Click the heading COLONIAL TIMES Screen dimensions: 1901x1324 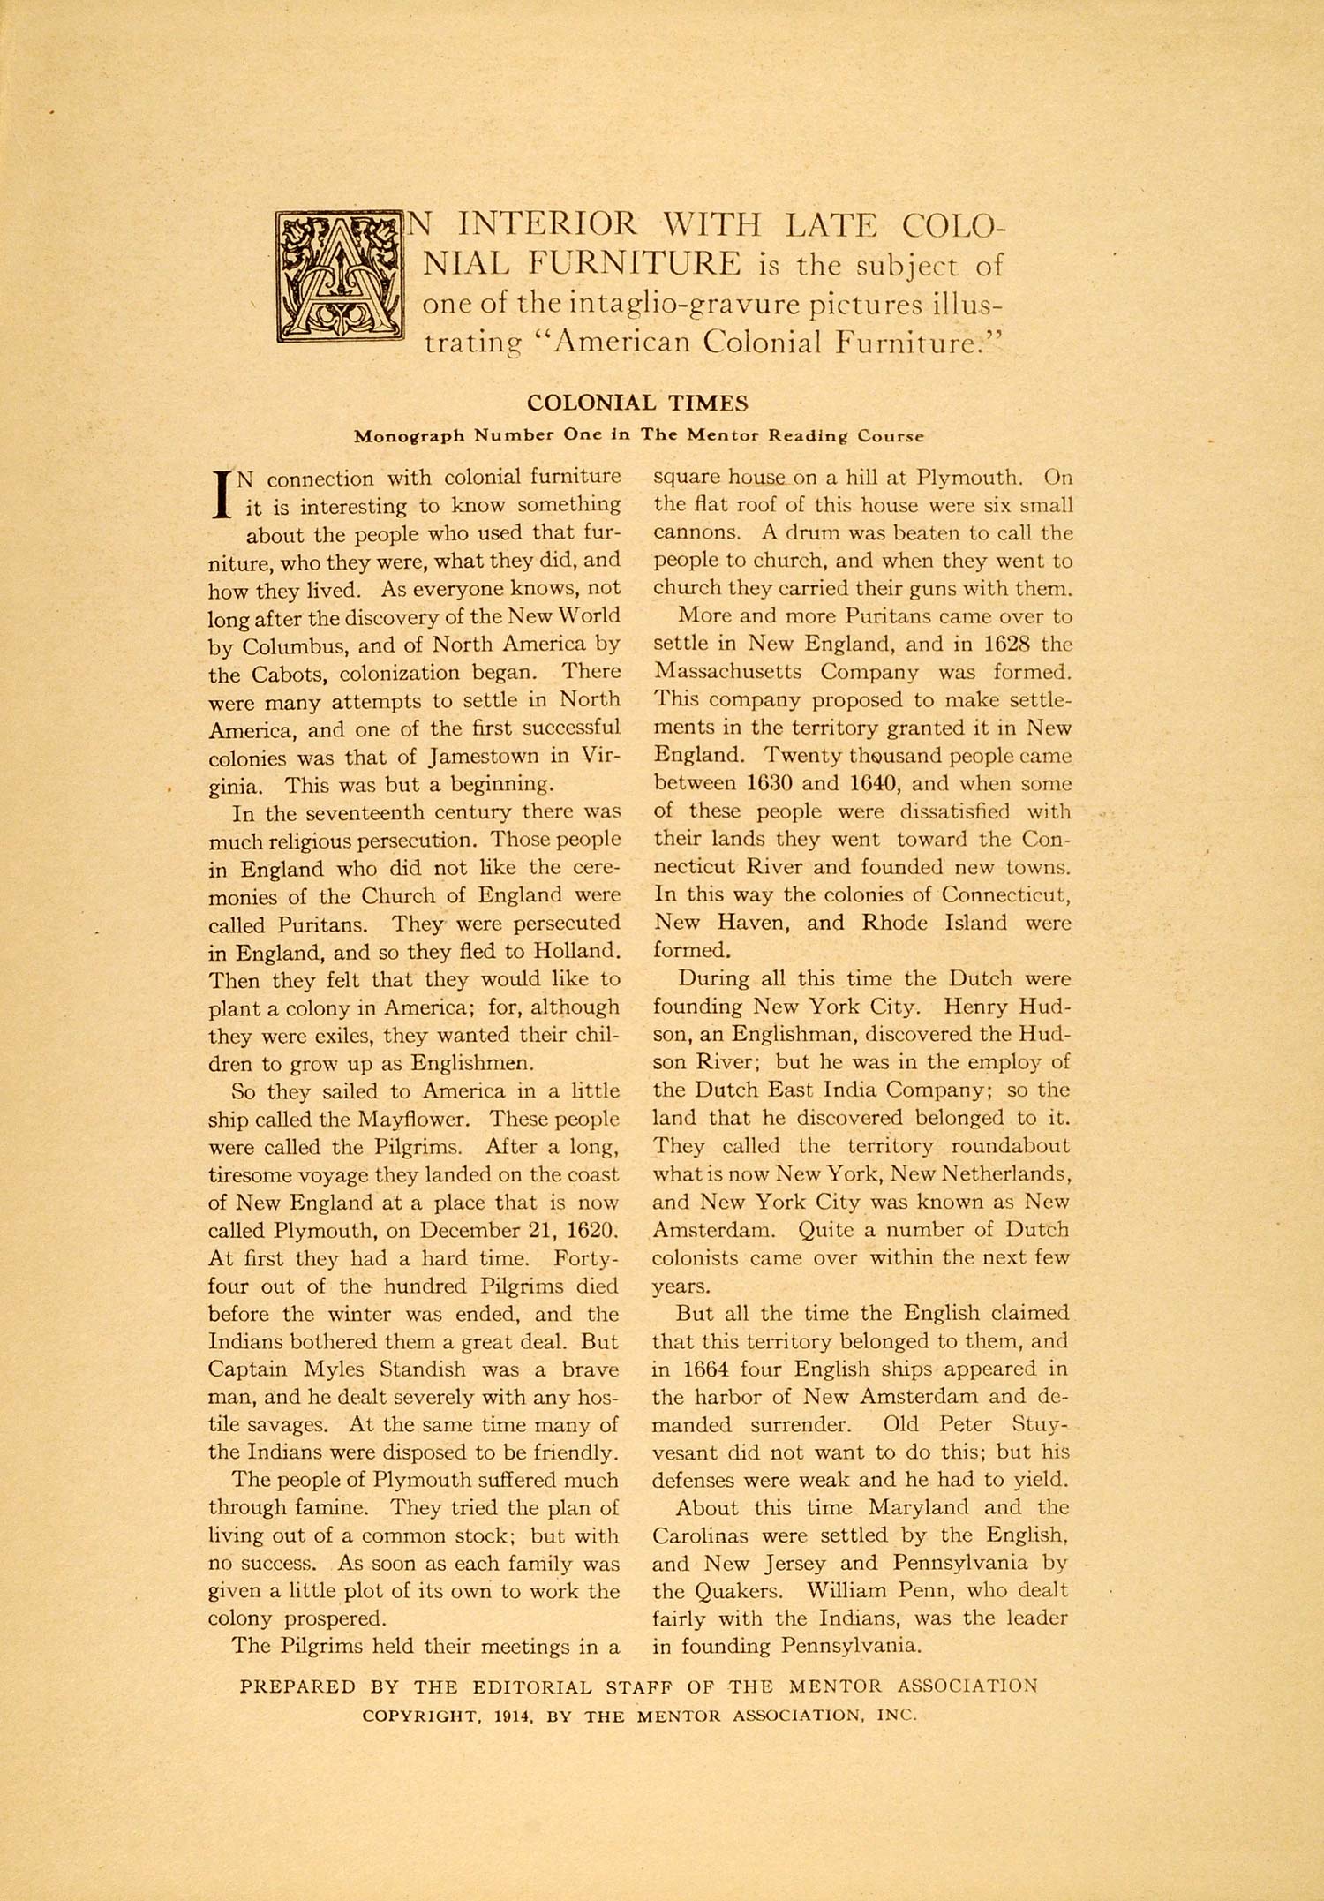coord(637,403)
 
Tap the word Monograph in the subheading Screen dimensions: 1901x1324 coord(408,435)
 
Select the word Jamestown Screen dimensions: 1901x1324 coord(485,757)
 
